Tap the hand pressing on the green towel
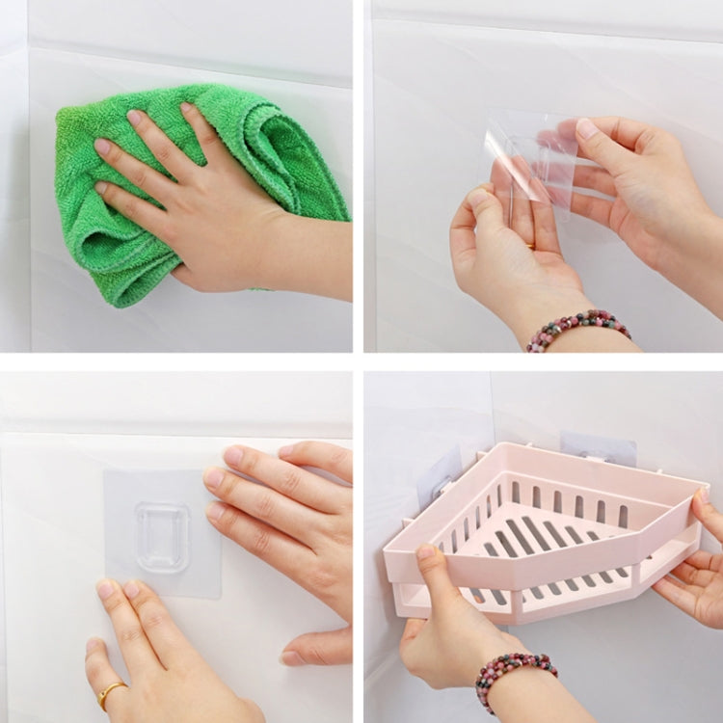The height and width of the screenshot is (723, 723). tap(193, 202)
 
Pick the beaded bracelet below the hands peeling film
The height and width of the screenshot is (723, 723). tap(578, 328)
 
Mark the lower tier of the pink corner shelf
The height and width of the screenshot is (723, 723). tap(540, 598)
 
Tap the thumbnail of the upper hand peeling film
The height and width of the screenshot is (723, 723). tap(587, 129)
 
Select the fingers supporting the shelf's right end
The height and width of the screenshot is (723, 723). tap(699, 569)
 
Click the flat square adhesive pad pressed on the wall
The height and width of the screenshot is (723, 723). tap(135, 501)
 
